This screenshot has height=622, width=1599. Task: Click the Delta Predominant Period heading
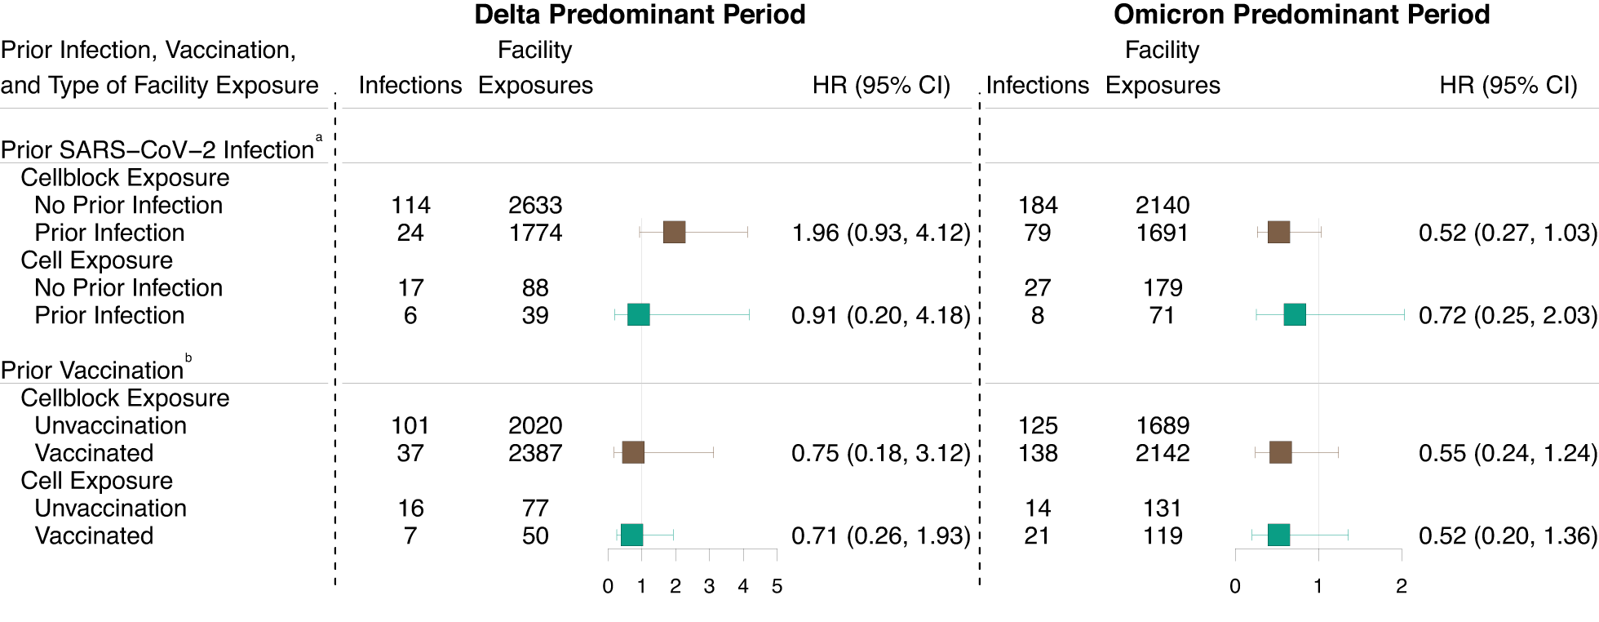click(x=640, y=15)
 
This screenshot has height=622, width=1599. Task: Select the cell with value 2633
click(x=535, y=205)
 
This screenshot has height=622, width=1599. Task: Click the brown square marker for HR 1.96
click(x=674, y=233)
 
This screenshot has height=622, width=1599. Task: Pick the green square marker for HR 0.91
click(x=639, y=315)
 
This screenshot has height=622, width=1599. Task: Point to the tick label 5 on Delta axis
click(x=777, y=586)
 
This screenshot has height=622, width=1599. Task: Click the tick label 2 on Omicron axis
click(x=1401, y=586)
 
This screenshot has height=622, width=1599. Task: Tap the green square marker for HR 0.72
click(x=1295, y=315)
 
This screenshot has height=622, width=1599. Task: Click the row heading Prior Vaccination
click(x=92, y=371)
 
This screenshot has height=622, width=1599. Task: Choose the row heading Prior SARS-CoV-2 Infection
click(x=157, y=150)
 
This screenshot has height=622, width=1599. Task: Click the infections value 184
click(x=1037, y=205)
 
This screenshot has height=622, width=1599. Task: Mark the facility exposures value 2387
click(x=535, y=453)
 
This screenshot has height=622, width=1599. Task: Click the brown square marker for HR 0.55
click(x=1281, y=453)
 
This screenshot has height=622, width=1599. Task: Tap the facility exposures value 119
click(x=1163, y=535)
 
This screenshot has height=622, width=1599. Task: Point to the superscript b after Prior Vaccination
click(x=188, y=358)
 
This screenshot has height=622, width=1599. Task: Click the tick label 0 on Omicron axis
click(x=1235, y=586)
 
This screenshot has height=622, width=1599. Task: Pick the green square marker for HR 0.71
click(x=631, y=535)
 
